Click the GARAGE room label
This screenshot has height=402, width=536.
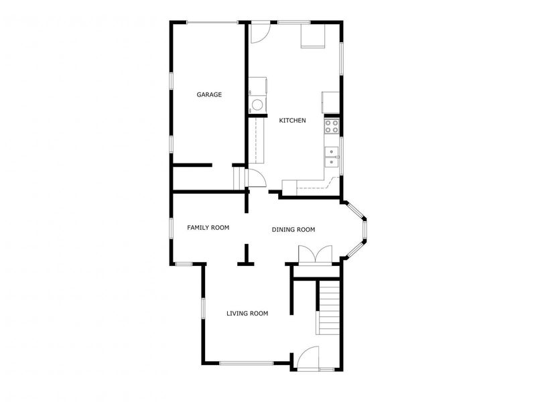pos(209,94)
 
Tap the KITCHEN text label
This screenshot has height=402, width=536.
pos(292,121)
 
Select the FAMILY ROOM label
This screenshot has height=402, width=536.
pos(208,228)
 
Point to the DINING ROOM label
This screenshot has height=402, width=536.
pos(293,230)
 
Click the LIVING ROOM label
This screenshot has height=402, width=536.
pos(247,313)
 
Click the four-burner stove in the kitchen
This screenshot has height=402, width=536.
pos(332,125)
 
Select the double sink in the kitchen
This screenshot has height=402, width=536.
pos(332,157)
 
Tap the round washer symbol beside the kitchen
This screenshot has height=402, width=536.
pos(257,105)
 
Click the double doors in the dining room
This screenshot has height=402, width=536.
pos(314,255)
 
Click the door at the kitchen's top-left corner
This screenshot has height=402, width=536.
pos(260,33)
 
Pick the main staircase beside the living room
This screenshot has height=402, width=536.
pos(328,308)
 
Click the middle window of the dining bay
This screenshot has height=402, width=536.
pos(365,228)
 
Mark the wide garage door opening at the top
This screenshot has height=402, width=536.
pos(212,23)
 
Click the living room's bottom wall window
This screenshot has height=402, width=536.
pos(246,363)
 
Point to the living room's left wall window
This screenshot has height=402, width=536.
pos(203,308)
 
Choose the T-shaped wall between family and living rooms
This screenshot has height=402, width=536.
pos(246,257)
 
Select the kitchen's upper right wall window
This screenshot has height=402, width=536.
pos(341,58)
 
